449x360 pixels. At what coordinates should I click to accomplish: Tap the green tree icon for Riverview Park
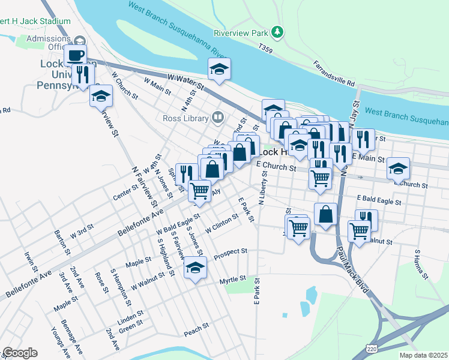click(277, 31)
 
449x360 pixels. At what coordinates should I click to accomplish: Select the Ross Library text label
click(185, 118)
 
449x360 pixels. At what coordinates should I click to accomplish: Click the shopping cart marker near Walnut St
click(359, 230)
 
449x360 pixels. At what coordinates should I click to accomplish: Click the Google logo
click(20, 353)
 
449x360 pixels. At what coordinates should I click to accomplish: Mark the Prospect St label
click(230, 251)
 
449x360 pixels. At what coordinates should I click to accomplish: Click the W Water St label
click(186, 82)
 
